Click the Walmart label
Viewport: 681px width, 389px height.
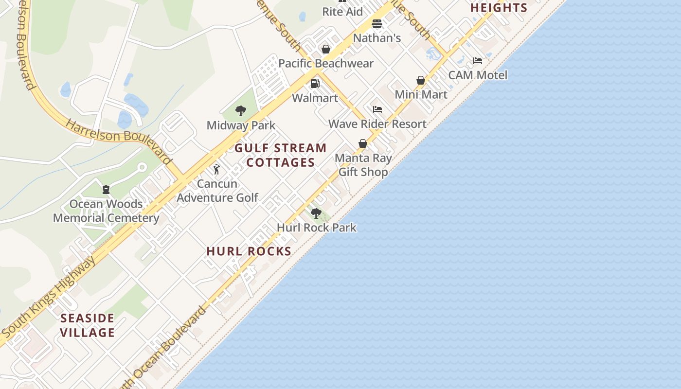point(315,98)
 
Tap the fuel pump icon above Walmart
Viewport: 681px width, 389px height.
point(315,84)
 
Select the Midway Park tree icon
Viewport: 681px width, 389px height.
point(240,111)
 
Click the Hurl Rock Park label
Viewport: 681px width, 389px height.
point(317,227)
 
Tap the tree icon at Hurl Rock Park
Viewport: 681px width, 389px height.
point(316,213)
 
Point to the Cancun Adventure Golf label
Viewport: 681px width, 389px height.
point(217,191)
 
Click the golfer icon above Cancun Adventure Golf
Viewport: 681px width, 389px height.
point(216,169)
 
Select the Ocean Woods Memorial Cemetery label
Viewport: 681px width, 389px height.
point(106,211)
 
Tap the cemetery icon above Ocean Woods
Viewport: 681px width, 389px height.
point(106,190)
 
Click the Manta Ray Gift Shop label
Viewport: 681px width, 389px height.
point(363,165)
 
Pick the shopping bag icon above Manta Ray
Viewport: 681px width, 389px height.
point(362,143)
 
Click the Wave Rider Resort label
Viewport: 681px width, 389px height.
point(377,124)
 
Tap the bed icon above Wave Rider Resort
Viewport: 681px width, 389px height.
point(377,109)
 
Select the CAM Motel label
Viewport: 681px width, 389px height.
point(478,75)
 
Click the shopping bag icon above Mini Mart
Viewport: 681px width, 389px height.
point(421,80)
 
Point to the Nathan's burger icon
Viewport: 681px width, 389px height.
point(376,24)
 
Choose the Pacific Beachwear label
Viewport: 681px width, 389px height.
point(326,63)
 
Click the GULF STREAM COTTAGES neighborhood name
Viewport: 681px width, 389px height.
point(281,155)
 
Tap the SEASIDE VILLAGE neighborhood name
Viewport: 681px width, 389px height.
point(88,325)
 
